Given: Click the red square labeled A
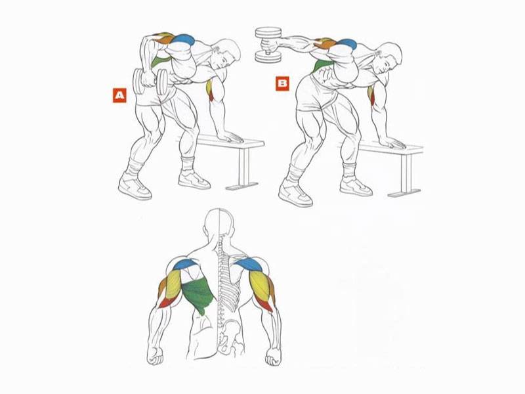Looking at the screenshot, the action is point(119,95).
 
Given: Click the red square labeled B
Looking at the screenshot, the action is point(282,83).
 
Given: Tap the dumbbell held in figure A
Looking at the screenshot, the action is point(150,81).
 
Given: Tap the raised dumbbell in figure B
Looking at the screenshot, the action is point(268,45).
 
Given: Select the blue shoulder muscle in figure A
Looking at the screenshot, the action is point(184,40).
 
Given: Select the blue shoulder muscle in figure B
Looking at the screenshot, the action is point(346,43).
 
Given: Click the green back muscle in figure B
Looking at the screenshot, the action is point(322,66).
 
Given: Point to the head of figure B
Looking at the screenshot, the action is point(388,58).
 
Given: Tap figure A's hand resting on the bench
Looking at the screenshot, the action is point(231,136).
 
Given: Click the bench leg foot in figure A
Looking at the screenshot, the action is point(241,186).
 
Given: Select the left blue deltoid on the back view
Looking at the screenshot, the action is point(186,264).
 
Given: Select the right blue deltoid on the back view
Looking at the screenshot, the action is point(249,265).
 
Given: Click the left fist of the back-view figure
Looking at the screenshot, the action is point(156,356).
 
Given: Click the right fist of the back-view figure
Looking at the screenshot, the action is point(273,357).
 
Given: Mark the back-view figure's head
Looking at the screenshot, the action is point(219,225).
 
